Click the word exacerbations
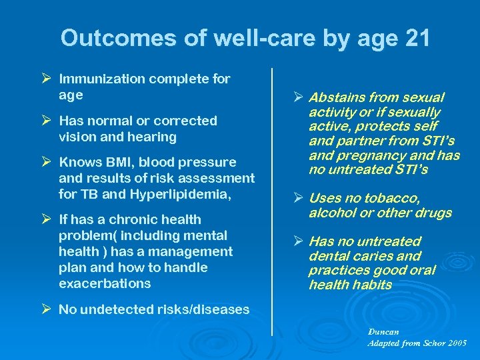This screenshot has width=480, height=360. coord(105,284)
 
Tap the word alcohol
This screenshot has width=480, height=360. coord(331,213)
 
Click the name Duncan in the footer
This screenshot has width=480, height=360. coord(384,331)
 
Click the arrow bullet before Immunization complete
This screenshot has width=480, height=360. coord(45,79)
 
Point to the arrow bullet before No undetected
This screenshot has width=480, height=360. coord(45,309)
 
